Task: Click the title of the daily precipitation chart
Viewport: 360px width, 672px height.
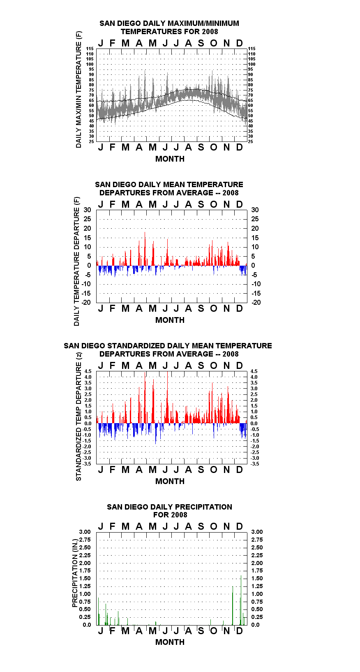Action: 170,511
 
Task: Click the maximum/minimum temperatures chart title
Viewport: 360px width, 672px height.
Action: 169,27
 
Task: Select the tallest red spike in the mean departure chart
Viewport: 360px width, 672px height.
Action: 145,249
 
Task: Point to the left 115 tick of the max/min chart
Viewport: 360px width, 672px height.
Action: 90,49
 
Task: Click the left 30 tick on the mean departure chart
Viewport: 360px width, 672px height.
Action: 87,210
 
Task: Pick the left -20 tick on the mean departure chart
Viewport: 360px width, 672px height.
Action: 86,302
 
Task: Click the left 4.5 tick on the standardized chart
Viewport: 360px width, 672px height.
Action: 88,371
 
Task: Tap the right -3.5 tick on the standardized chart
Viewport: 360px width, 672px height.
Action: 255,464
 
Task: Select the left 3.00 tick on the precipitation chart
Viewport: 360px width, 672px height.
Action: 85,532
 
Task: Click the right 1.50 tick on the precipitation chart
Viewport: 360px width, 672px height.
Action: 257,578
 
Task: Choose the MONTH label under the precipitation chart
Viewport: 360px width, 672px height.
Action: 170,642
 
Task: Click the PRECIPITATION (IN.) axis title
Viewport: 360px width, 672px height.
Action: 75,573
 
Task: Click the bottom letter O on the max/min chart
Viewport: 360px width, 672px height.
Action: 213,147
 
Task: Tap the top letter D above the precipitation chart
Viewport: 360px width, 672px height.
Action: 239,526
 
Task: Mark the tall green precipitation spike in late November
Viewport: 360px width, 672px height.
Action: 233,605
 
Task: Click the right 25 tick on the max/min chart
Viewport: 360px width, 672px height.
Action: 250,141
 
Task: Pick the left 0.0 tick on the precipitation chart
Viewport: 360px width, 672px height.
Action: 87,625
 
